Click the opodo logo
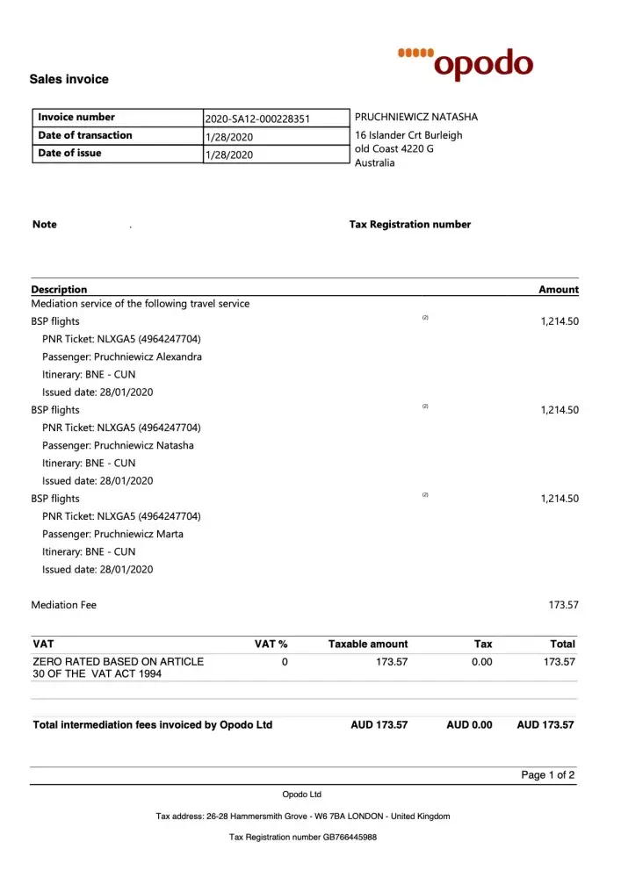click(x=466, y=63)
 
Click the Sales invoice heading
click(x=69, y=79)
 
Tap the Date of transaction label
click(x=85, y=135)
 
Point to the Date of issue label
click(x=69, y=153)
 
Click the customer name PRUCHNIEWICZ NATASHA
click(x=416, y=117)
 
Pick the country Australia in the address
click(x=375, y=162)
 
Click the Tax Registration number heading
click(x=410, y=224)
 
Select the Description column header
click(x=59, y=289)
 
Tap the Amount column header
click(x=559, y=289)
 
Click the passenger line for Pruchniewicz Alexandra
click(x=122, y=356)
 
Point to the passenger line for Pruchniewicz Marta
click(x=113, y=534)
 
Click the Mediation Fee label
click(x=64, y=605)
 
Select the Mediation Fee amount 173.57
click(x=563, y=605)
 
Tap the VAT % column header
click(x=271, y=644)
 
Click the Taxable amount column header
click(x=368, y=644)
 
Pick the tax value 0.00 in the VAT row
click(x=481, y=661)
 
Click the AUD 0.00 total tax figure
click(x=469, y=724)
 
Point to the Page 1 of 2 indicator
click(x=548, y=775)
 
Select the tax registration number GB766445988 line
click(x=303, y=837)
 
